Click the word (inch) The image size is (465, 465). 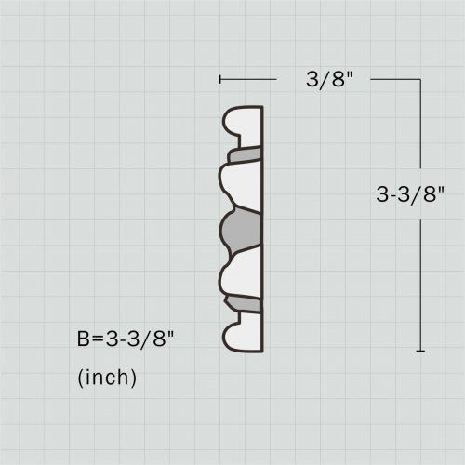(x=107, y=378)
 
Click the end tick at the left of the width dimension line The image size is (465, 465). (x=219, y=80)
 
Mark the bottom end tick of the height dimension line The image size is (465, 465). (x=421, y=351)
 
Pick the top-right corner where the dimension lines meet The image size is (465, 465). (x=421, y=80)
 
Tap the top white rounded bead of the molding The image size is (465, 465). (x=244, y=123)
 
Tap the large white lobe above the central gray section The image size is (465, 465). (x=242, y=184)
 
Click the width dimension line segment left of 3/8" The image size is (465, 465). (x=248, y=80)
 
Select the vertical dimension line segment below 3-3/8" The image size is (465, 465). (x=421, y=279)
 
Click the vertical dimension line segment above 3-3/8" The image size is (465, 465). (x=421, y=130)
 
